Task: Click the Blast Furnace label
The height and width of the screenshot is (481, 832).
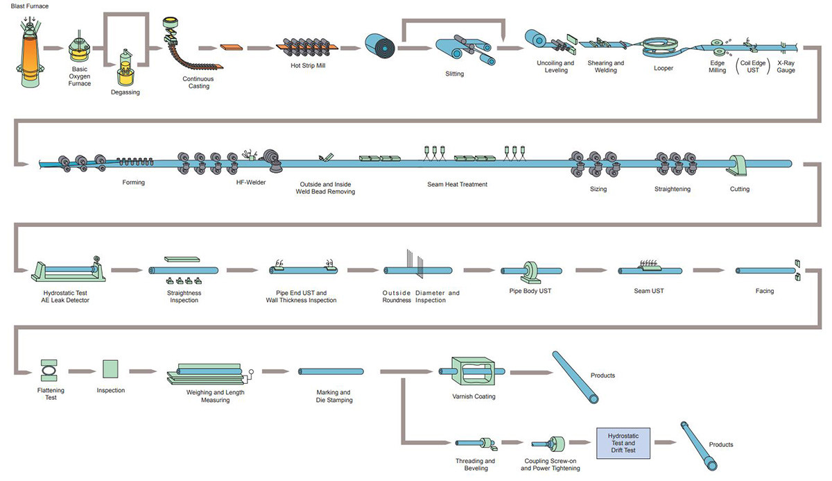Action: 29,6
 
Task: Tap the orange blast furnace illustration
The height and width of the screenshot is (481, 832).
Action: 28,52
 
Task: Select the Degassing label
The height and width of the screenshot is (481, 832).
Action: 125,92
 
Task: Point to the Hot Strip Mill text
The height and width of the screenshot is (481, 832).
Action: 308,65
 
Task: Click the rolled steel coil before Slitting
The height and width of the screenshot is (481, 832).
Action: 379,46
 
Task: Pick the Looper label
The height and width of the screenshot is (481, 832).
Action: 663,68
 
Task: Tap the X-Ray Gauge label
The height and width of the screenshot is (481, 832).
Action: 786,67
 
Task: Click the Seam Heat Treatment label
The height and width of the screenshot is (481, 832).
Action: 458,184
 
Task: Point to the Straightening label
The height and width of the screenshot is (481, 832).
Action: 672,189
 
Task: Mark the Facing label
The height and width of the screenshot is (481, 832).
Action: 765,291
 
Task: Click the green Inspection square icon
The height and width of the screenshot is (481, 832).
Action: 111,369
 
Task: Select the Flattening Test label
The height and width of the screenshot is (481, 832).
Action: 51,394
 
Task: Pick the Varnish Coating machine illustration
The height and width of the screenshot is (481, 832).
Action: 474,372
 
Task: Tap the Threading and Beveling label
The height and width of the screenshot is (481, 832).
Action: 475,464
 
